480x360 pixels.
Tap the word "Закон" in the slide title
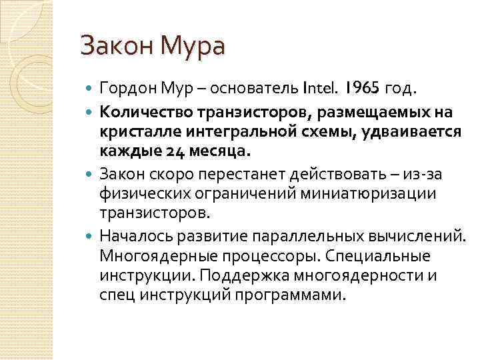[x=116, y=47]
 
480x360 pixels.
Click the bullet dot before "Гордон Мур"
[x=91, y=87]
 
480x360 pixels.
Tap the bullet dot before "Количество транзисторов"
[x=91, y=109]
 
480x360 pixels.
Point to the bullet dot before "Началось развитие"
[x=91, y=237]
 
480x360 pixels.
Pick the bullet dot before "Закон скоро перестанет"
[x=91, y=173]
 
